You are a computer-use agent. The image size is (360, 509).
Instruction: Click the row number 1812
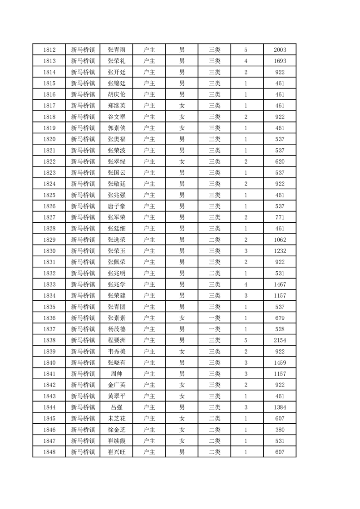pos(49,50)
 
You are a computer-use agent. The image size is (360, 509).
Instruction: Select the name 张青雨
pos(117,50)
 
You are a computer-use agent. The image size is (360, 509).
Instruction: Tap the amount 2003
pos(280,50)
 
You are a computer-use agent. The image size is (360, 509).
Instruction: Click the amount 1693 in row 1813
pos(280,61)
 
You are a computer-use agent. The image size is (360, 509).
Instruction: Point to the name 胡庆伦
pos(117,95)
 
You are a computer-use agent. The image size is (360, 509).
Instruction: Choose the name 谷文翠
pos(117,117)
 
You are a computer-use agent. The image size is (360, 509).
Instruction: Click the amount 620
pos(280,162)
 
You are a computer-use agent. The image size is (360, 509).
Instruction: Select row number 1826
pos(49,206)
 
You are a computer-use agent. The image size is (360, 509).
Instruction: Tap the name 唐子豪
pos(117,206)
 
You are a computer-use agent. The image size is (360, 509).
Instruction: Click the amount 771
pos(280,217)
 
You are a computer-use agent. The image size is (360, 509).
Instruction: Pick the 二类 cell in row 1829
pos(214,240)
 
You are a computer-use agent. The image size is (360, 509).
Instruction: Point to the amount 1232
pos(280,251)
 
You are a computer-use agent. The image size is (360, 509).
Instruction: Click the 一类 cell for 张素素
pos(214,318)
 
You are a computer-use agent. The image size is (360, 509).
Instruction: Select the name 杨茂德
pos(117,329)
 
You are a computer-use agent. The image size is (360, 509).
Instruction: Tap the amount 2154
pos(280,340)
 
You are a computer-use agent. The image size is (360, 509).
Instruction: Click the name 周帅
pos(117,374)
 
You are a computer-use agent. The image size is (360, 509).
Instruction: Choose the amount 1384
pos(280,407)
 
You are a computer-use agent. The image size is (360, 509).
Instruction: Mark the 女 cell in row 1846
pos(182,430)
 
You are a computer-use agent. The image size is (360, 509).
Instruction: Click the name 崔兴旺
pos(117,452)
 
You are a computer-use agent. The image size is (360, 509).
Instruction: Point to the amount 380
pos(280,430)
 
